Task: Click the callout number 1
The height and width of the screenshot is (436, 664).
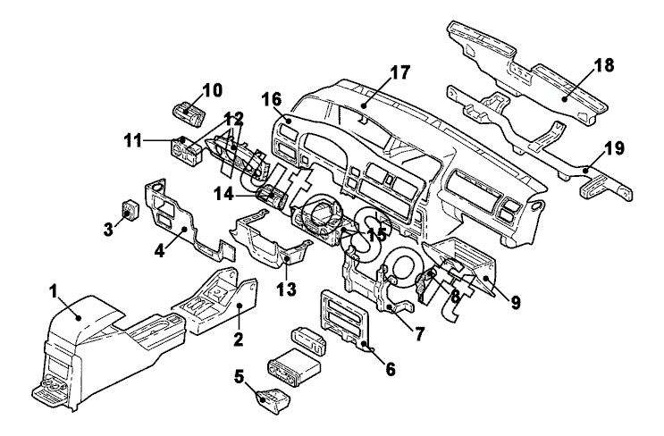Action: [55, 290]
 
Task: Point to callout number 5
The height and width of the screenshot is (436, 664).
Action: [238, 376]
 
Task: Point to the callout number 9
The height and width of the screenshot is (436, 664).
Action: [516, 301]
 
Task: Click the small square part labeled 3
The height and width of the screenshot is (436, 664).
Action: [131, 211]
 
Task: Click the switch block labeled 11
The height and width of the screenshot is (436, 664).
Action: [190, 152]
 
